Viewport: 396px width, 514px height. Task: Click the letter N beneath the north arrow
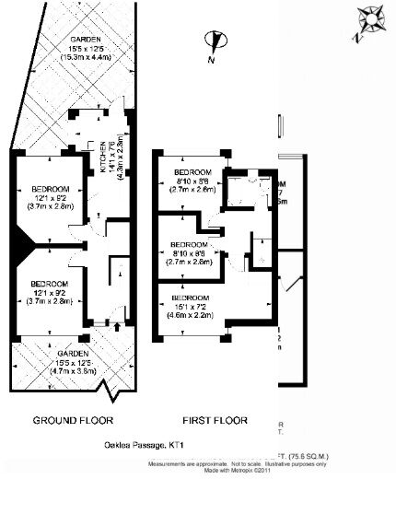pyautogui.click(x=211, y=60)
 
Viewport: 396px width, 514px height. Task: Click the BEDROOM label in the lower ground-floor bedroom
pyautogui.click(x=48, y=283)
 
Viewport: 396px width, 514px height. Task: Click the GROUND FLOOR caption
pyautogui.click(x=73, y=420)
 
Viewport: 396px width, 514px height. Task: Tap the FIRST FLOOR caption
pyautogui.click(x=215, y=420)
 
